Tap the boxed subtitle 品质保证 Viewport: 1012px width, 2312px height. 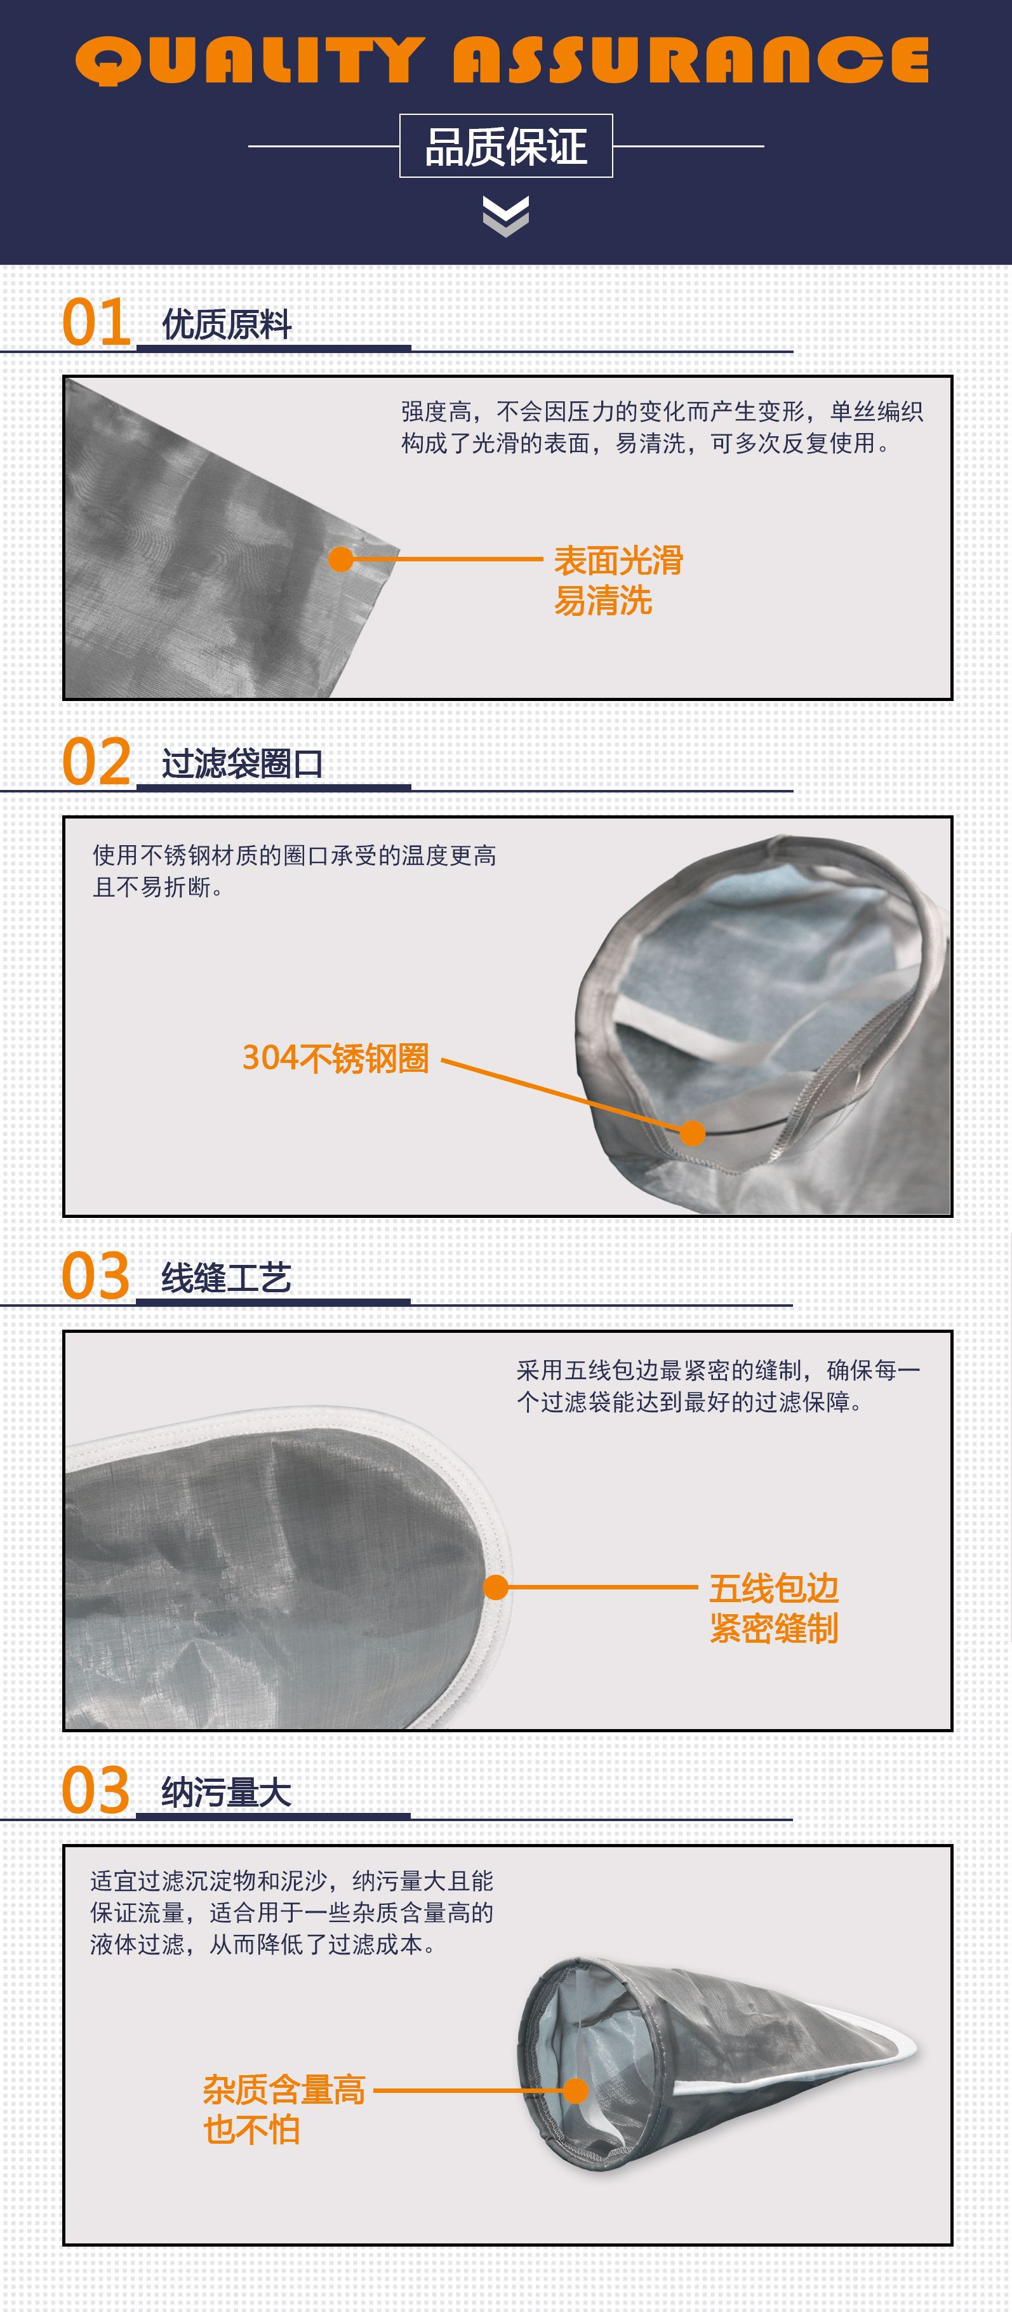click(506, 145)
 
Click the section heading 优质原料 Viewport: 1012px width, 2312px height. click(227, 324)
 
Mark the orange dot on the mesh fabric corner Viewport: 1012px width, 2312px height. click(341, 559)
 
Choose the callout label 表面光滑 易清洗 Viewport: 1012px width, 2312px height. click(618, 580)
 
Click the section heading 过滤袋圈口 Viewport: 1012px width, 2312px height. click(243, 764)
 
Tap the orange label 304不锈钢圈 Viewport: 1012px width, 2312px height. click(336, 1058)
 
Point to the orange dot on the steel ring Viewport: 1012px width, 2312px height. click(692, 1133)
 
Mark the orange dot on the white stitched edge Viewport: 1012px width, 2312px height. click(496, 1587)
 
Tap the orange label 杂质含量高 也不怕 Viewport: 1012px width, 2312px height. click(284, 2109)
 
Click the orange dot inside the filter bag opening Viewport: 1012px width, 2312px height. click(575, 2090)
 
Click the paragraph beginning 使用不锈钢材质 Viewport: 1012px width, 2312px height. click(295, 871)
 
